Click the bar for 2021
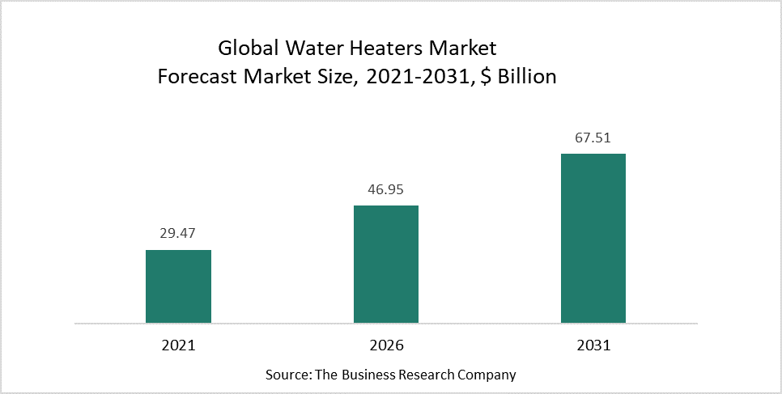click(x=178, y=286)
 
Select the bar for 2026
click(x=386, y=264)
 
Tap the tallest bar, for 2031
click(x=593, y=238)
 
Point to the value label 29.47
click(x=178, y=235)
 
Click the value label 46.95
click(x=386, y=190)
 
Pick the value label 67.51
click(x=593, y=138)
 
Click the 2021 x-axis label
click(x=178, y=345)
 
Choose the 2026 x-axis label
click(x=386, y=345)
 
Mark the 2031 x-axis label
click(x=593, y=345)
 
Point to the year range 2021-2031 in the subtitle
click(x=406, y=78)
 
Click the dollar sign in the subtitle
click(x=478, y=78)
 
